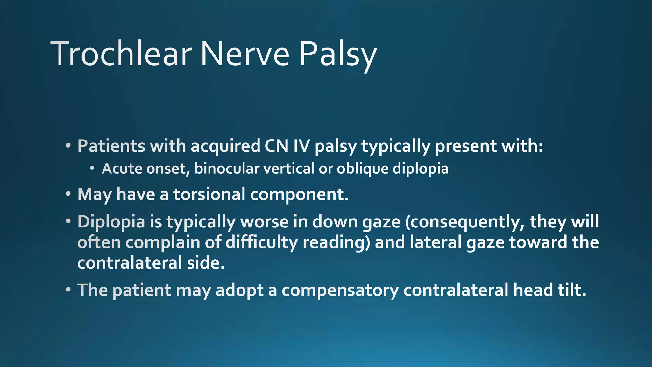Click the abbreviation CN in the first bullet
coord(276,146)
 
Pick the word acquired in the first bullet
coord(225,147)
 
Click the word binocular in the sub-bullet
coord(227,168)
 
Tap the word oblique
coord(363,169)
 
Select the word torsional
coord(209,194)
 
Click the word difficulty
coord(262,243)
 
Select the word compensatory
coord(340,291)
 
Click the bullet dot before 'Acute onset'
coord(92,168)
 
